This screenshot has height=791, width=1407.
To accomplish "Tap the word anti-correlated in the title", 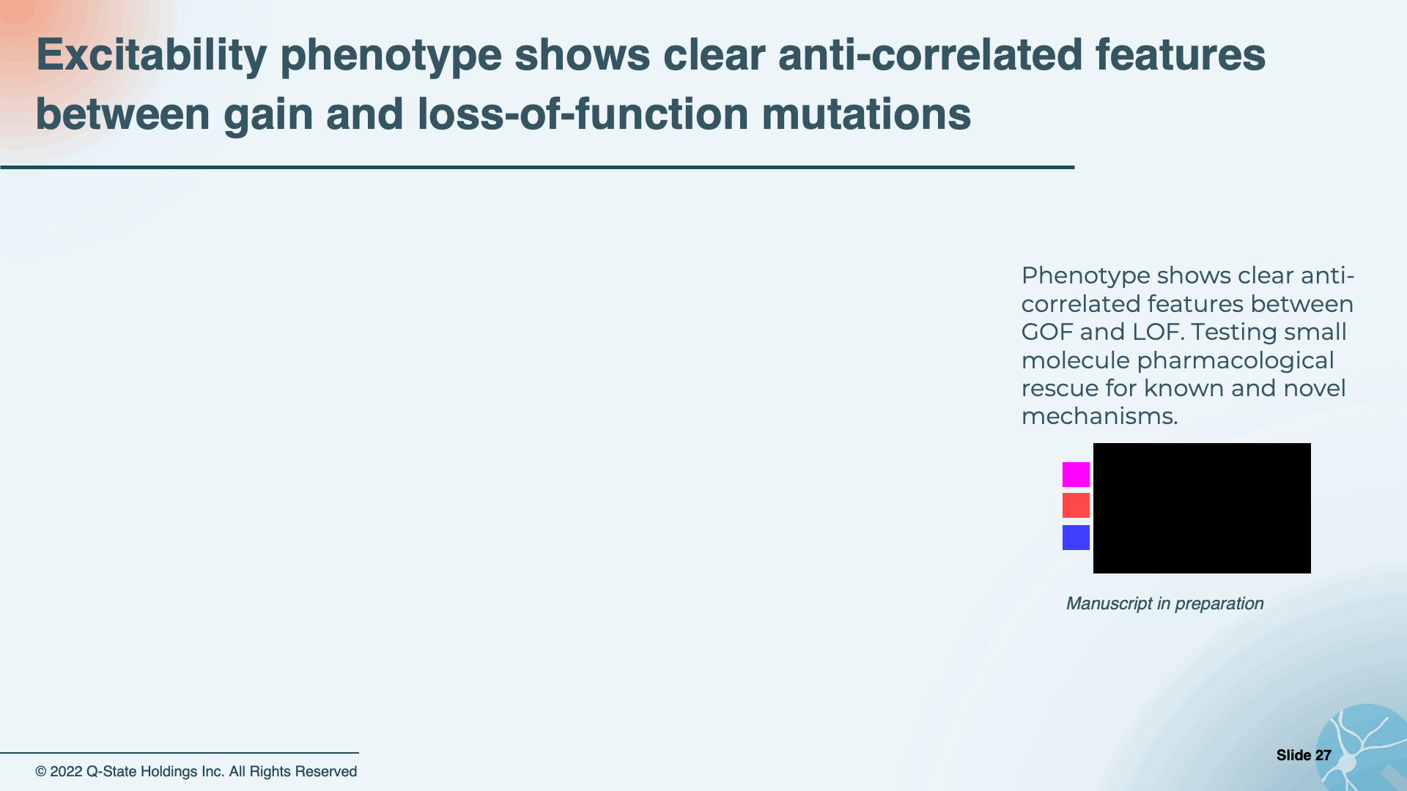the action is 930,55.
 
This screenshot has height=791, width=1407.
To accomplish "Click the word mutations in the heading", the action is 866,114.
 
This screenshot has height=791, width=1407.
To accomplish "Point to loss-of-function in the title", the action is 583,114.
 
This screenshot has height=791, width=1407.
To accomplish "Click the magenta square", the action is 1076,475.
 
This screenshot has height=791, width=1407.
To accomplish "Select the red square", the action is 1076,505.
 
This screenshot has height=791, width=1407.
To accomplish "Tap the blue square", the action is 1076,538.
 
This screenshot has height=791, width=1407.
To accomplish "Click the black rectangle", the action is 1202,508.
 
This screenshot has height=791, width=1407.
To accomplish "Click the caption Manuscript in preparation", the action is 1164,604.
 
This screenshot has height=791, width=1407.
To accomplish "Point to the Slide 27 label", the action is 1304,755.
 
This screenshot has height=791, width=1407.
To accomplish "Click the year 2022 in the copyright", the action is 66,772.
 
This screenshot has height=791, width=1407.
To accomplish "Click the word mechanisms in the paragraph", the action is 1099,416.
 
